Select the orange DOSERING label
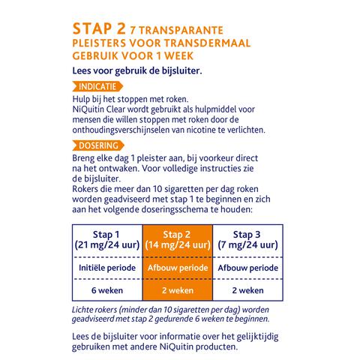coord(100,145)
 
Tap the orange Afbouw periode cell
coord(178,268)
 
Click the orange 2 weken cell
coord(178,291)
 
